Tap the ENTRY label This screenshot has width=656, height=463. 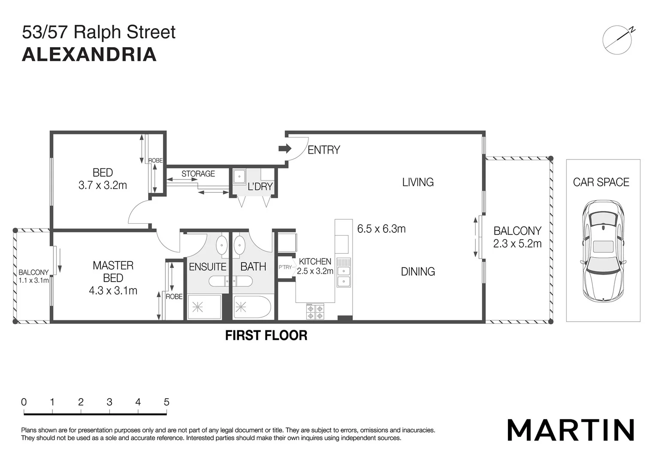pyautogui.click(x=323, y=150)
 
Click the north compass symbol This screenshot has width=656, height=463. pyautogui.click(x=618, y=40)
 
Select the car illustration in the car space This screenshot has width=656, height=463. pyautogui.click(x=603, y=251)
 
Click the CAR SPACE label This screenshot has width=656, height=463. pyautogui.click(x=601, y=182)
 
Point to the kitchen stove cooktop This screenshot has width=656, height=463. pyautogui.click(x=315, y=311)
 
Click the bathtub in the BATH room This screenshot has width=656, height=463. pyautogui.click(x=252, y=307)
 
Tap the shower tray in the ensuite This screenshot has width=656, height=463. pyautogui.click(x=204, y=307)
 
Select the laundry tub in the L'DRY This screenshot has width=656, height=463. pyautogui.click(x=239, y=177)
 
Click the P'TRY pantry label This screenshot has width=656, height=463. pyautogui.click(x=285, y=267)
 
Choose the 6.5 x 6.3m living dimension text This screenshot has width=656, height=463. pyautogui.click(x=381, y=229)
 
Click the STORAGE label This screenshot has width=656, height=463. pyautogui.click(x=198, y=174)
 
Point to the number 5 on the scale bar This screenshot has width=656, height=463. pyautogui.click(x=166, y=402)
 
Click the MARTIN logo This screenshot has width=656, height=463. pyautogui.click(x=571, y=430)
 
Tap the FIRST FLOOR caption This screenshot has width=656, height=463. pyautogui.click(x=266, y=335)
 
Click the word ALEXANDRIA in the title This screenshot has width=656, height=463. pyautogui.click(x=89, y=54)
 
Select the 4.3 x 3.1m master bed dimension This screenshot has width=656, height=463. pyautogui.click(x=113, y=291)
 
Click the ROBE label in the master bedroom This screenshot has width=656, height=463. pyautogui.click(x=174, y=297)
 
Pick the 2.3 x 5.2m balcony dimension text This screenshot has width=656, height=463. pyautogui.click(x=517, y=244)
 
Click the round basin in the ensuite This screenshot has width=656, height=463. pyautogui.click(x=221, y=245)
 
